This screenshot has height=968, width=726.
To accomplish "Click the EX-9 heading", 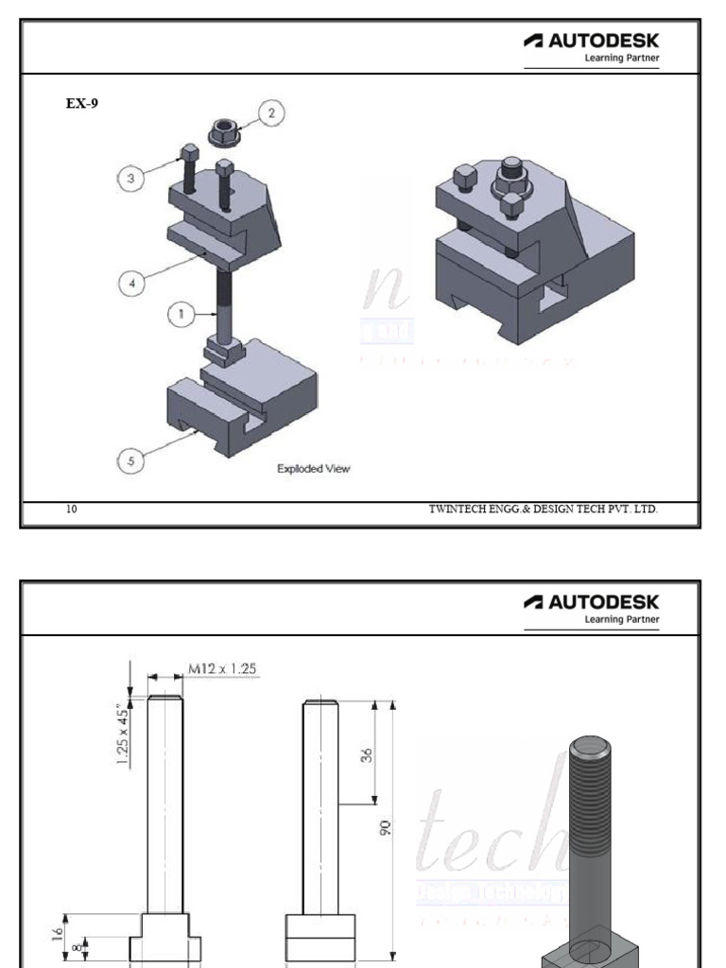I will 82,104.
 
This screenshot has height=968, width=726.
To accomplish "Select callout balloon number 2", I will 271,113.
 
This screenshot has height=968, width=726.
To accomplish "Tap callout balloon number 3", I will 131,177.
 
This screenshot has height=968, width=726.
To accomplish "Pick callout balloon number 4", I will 131,281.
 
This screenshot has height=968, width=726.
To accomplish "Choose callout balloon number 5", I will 131,460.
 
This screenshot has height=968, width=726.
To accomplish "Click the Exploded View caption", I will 313,468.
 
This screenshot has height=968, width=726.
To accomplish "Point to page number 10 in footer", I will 72,510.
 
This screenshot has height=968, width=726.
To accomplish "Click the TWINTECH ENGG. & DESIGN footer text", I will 543,510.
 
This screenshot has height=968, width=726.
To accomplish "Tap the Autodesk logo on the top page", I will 591,45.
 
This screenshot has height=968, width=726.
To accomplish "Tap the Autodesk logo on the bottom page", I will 591,606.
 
